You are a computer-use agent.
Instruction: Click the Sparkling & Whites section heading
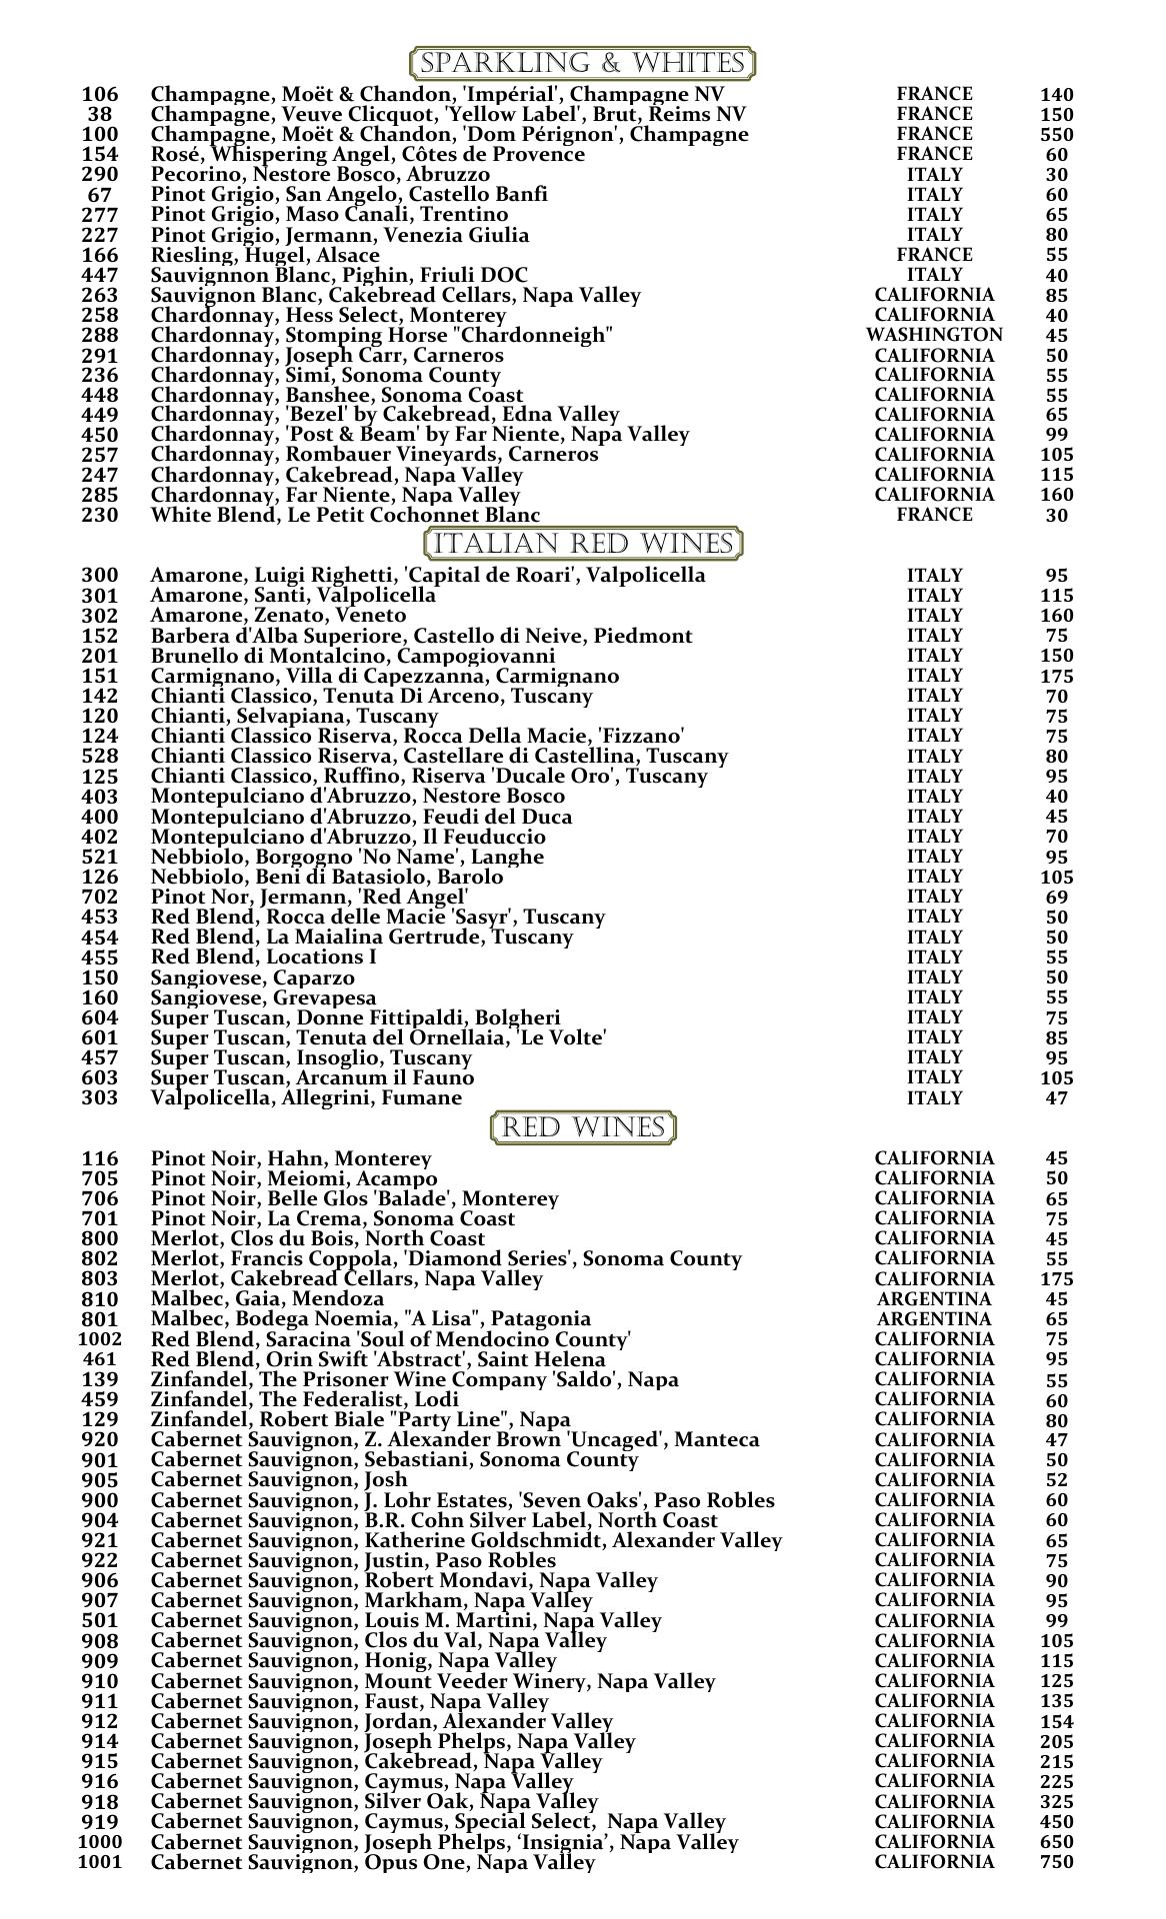point(582,64)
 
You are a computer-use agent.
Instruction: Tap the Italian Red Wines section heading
point(584,545)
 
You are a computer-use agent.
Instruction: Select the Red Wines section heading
point(584,1128)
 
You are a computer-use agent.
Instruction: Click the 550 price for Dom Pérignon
point(1056,135)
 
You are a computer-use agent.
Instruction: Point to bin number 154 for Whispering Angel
point(99,155)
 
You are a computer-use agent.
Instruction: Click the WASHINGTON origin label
point(934,335)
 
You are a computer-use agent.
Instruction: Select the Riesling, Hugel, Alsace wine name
point(265,256)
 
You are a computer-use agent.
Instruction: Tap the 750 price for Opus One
point(1056,1862)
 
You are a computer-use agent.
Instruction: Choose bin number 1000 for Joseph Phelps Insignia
point(99,1842)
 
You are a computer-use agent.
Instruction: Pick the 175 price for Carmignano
point(1056,677)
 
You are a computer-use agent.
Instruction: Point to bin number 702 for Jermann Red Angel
point(99,898)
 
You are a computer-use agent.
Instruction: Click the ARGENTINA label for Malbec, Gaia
point(934,1299)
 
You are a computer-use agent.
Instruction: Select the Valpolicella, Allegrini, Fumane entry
point(306,1098)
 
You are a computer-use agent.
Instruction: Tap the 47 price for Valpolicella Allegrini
point(1056,1098)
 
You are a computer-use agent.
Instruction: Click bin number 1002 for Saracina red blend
point(99,1339)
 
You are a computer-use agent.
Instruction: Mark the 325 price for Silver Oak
point(1056,1802)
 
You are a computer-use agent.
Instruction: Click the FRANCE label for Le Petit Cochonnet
point(934,516)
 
